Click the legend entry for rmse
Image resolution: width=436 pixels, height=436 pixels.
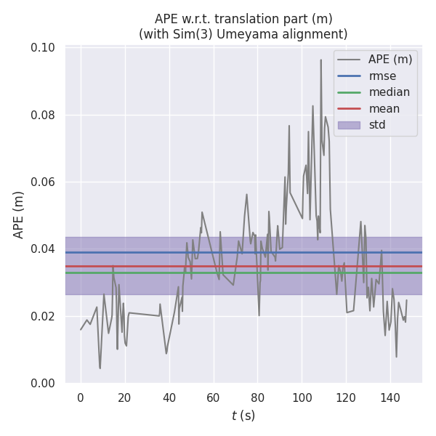(x=381, y=76)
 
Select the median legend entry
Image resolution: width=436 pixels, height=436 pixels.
(x=389, y=92)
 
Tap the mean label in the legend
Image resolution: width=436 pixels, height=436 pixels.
(x=384, y=109)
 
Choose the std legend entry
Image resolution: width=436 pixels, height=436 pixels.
(x=377, y=125)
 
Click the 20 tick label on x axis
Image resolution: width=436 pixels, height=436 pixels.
(x=125, y=397)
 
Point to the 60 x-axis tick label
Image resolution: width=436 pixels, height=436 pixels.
(x=213, y=397)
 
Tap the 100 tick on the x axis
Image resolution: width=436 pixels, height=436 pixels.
(x=302, y=397)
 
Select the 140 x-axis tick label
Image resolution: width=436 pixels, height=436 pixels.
(x=390, y=397)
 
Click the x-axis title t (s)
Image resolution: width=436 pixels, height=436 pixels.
(x=243, y=416)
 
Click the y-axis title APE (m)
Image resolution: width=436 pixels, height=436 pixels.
(x=20, y=214)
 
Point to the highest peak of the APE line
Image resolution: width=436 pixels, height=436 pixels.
(x=320, y=60)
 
